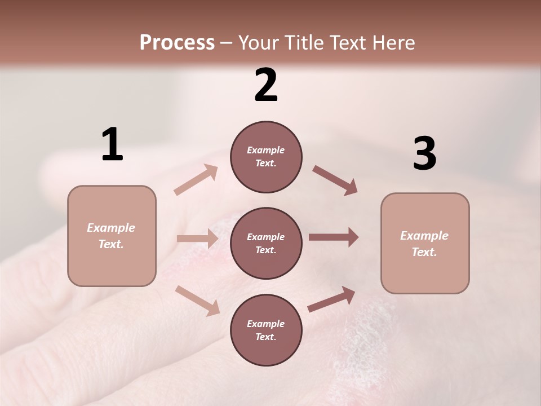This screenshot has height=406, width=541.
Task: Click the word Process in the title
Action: (x=177, y=43)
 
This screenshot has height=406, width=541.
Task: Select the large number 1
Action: (x=112, y=145)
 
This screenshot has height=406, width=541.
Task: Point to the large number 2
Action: (x=266, y=85)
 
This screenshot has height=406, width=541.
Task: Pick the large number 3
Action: (x=424, y=154)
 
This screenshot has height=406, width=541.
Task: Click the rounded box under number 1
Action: (x=112, y=236)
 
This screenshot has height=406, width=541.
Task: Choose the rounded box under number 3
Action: (x=425, y=243)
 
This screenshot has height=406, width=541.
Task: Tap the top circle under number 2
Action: (x=266, y=157)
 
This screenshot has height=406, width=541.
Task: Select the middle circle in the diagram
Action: (x=266, y=243)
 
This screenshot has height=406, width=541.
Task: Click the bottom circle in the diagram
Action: (x=266, y=330)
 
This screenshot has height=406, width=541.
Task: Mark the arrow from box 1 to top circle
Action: (x=196, y=180)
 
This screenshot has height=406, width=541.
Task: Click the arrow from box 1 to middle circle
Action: (x=197, y=239)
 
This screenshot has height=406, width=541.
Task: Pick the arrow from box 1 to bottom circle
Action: (x=197, y=301)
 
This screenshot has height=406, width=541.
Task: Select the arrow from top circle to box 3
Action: (x=335, y=180)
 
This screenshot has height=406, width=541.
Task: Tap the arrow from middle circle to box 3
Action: (x=334, y=237)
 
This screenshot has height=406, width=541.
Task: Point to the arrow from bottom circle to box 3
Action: (x=331, y=299)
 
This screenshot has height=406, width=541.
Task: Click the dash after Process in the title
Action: (x=227, y=43)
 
